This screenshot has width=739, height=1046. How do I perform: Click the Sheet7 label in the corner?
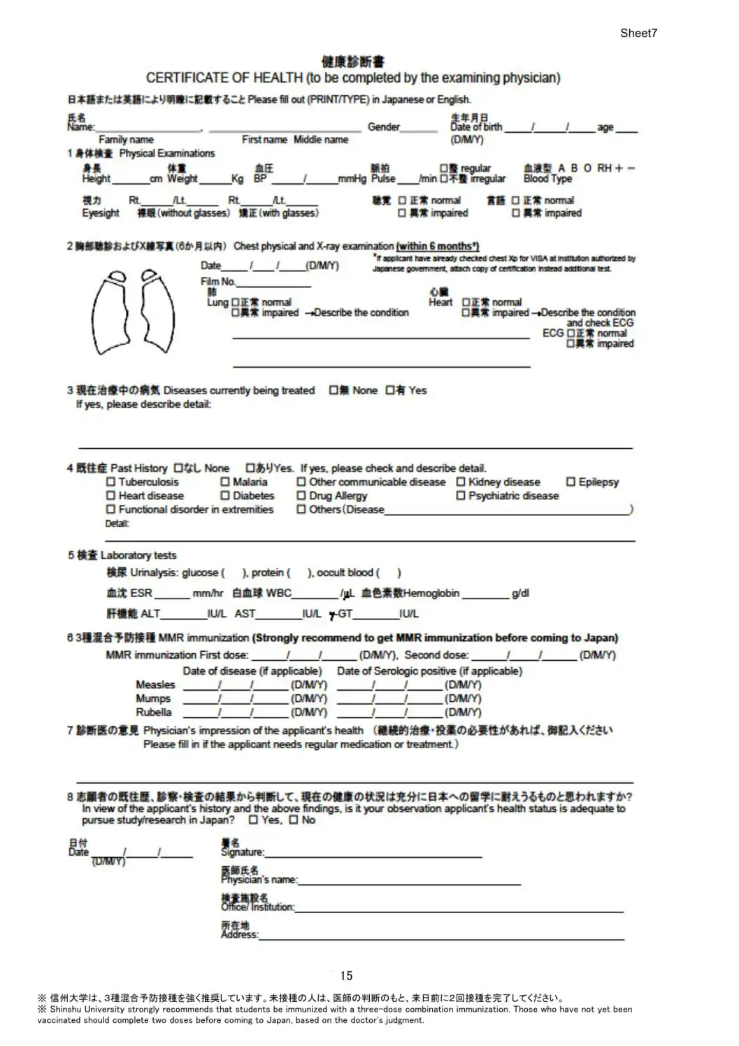(638, 33)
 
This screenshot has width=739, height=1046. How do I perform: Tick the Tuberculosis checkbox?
(110, 482)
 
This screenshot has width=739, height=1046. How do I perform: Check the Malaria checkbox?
(225, 482)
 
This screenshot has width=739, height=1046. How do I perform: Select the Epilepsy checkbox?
(571, 482)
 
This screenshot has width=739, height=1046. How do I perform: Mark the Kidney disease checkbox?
(461, 482)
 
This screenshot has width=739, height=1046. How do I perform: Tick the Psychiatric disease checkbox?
(461, 496)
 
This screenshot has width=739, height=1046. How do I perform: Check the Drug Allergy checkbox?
(301, 496)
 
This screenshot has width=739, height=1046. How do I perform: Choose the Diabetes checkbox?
(225, 496)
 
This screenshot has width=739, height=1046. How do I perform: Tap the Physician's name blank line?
(409, 882)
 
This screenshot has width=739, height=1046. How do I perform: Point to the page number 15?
(346, 975)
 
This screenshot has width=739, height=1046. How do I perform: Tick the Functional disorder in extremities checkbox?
(110, 510)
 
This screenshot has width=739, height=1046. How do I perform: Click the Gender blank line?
(419, 129)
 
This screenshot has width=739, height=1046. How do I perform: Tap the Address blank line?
(440, 937)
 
